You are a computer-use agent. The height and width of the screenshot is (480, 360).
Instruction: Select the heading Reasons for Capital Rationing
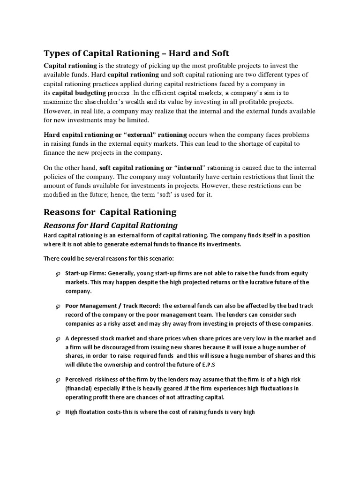[x=110, y=212]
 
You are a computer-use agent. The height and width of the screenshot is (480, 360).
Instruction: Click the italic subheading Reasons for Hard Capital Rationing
[x=111, y=225]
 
